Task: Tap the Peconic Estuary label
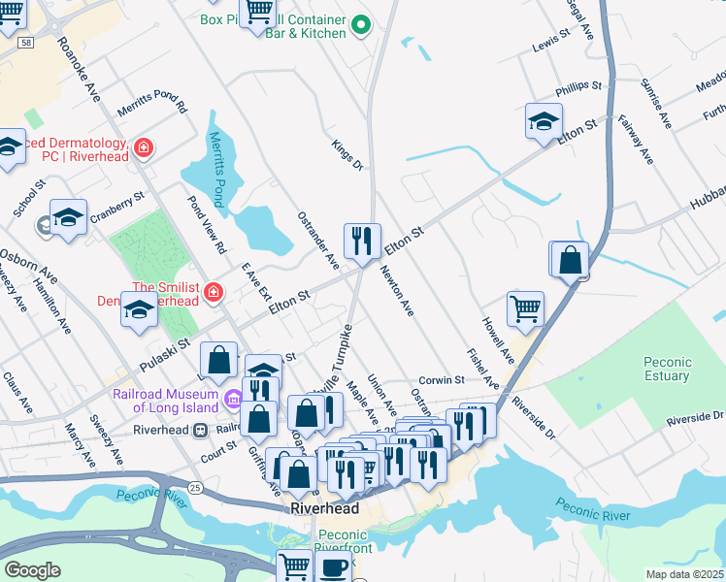[x=667, y=369]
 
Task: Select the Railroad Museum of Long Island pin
[x=233, y=400]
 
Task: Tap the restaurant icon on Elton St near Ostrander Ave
[x=362, y=242]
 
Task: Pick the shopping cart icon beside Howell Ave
[x=525, y=309]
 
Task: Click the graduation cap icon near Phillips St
[x=544, y=122]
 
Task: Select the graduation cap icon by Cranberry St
[x=69, y=217]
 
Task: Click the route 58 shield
[x=26, y=43]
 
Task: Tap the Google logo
[x=32, y=569]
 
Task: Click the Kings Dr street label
[x=346, y=154]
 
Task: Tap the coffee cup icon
[x=335, y=568]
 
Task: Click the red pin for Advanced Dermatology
[x=144, y=146]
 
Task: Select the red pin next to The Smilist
[x=212, y=291]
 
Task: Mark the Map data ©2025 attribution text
[x=684, y=574]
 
